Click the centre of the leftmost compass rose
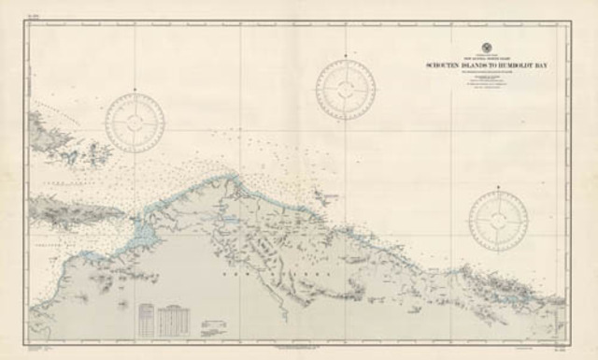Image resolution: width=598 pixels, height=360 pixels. pos(135,122)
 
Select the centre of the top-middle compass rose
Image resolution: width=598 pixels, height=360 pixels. pos(346,90)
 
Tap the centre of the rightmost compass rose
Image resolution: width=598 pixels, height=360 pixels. pos(498,221)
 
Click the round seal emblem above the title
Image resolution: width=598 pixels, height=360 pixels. pos(485,49)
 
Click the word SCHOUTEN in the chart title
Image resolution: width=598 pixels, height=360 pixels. pos(442,66)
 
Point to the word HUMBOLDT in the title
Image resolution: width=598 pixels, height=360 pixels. pos(519,66)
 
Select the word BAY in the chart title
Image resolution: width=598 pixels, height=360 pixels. pos(546,66)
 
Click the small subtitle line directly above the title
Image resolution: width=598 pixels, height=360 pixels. pos(485,59)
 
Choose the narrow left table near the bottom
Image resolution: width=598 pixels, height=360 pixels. pos(147,319)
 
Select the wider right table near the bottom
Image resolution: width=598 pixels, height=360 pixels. pos(174,319)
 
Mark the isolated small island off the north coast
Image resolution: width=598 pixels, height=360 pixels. pos(326,197)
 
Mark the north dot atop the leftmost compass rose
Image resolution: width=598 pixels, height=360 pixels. pos(135,91)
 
